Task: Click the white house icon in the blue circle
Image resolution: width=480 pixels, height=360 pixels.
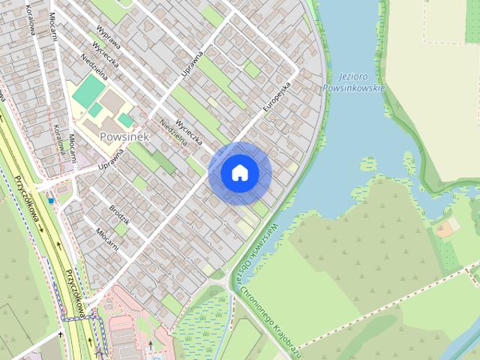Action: click(239, 173)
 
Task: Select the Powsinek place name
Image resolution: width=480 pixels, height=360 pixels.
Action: click(124, 136)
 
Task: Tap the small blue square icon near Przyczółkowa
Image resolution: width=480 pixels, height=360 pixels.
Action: click(51, 200)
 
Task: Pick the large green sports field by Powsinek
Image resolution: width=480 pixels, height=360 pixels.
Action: click(88, 91)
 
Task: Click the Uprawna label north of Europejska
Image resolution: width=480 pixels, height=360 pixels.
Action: click(193, 62)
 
